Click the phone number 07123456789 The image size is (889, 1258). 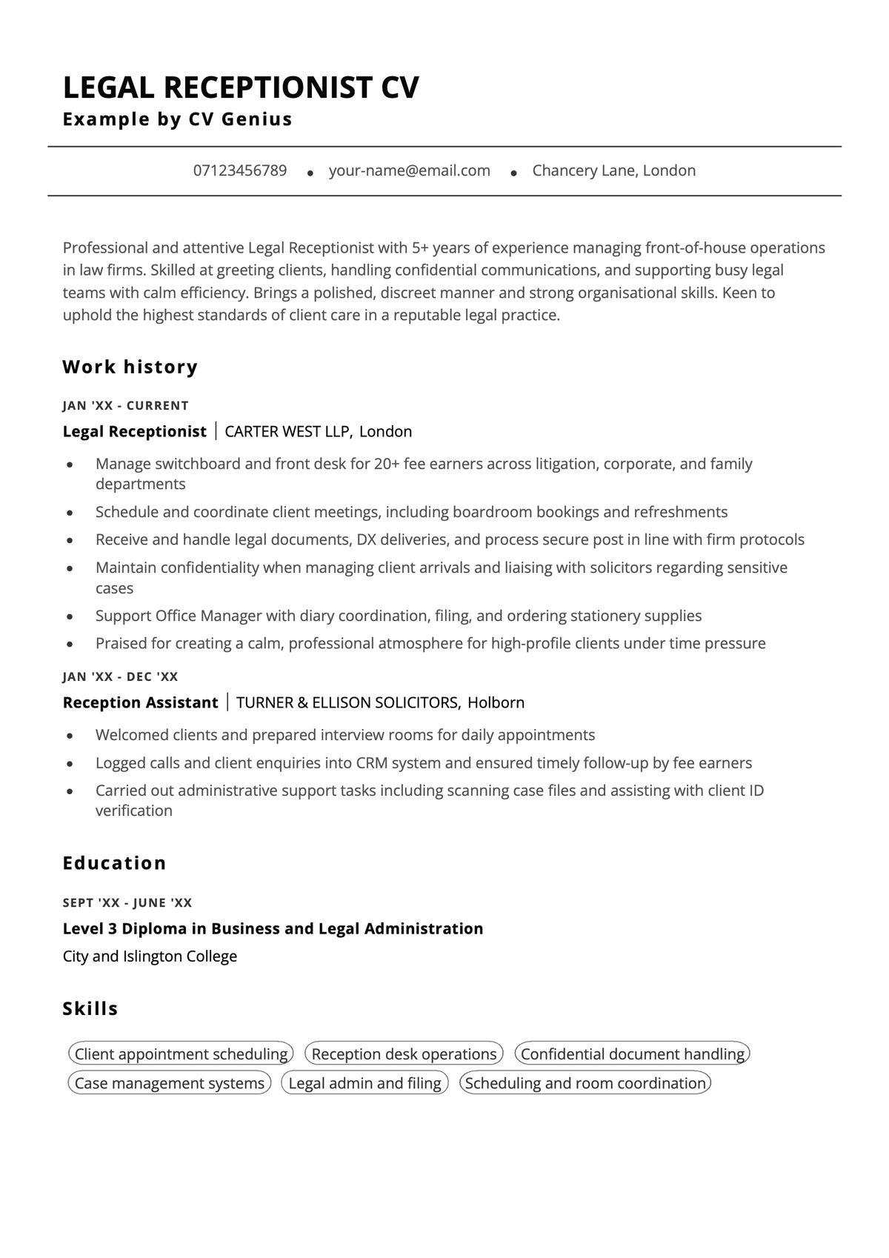(x=240, y=171)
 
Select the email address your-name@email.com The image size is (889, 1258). (x=409, y=171)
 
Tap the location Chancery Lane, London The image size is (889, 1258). (x=613, y=171)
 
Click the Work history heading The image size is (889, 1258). (x=130, y=367)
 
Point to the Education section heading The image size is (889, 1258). (x=115, y=863)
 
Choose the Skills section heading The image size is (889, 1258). (x=90, y=1008)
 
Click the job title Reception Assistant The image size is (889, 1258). (x=140, y=702)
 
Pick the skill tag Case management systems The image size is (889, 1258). (x=170, y=1083)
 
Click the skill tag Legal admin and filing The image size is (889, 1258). (x=364, y=1083)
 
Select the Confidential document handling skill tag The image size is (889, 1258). (x=632, y=1054)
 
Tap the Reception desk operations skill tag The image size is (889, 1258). (x=404, y=1054)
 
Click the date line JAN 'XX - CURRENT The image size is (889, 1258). (x=126, y=405)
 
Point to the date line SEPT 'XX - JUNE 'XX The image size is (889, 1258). (x=127, y=902)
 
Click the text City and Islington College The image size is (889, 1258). (x=150, y=956)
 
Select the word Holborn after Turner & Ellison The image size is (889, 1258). (x=496, y=702)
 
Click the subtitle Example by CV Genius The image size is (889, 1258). (x=178, y=119)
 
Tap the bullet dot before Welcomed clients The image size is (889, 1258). (x=70, y=736)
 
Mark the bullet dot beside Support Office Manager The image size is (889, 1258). (x=70, y=616)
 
